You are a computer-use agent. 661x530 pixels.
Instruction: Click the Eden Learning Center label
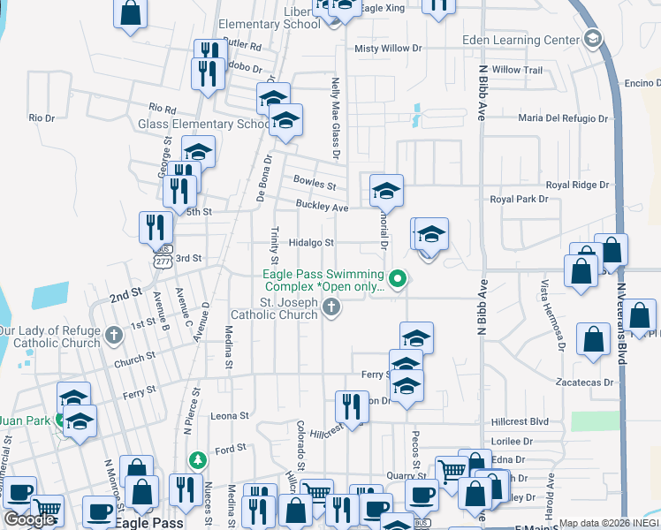[520, 40]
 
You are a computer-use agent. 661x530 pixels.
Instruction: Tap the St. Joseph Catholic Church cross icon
[331, 307]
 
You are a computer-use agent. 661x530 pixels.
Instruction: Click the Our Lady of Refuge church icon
[113, 335]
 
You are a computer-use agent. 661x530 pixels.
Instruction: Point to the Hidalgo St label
[313, 243]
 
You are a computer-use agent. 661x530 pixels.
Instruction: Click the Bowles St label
[315, 186]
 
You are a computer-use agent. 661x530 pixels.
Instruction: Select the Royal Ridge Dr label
[577, 185]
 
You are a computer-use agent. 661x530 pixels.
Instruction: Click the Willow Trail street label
[517, 70]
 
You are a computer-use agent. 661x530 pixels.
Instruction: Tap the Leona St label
[231, 415]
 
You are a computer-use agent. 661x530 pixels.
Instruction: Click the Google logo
[29, 519]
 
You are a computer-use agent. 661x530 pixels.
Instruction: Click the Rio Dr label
[42, 117]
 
